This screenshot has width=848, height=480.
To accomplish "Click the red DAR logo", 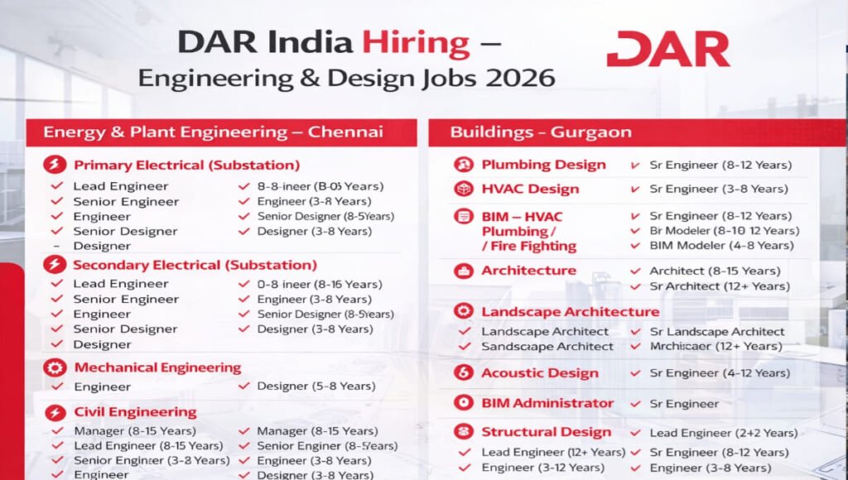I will pyautogui.click(x=667, y=49).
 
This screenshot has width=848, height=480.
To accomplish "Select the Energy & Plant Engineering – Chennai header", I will pyautogui.click(x=213, y=132).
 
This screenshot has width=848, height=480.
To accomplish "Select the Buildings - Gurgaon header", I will pyautogui.click(x=540, y=132).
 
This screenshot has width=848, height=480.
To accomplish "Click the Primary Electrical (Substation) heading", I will pyautogui.click(x=186, y=165).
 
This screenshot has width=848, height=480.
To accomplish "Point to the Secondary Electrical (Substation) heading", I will pyautogui.click(x=195, y=265).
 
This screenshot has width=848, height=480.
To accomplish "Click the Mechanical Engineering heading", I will pyautogui.click(x=157, y=367).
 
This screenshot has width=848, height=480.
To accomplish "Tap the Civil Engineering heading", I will pyautogui.click(x=135, y=411).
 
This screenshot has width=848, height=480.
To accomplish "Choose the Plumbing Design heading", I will pyautogui.click(x=543, y=165).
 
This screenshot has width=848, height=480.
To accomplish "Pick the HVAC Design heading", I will pyautogui.click(x=529, y=189).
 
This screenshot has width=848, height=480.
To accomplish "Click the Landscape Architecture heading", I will pyautogui.click(x=570, y=311).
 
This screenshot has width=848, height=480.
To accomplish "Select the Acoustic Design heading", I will pyautogui.click(x=539, y=372).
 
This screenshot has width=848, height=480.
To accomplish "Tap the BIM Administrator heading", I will pyautogui.click(x=547, y=403).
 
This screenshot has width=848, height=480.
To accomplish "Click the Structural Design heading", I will pyautogui.click(x=546, y=432).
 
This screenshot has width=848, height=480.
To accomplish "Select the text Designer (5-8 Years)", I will pyautogui.click(x=316, y=386).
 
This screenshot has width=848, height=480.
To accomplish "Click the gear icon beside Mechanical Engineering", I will pyautogui.click(x=55, y=368).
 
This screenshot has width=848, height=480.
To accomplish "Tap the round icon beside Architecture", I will pyautogui.click(x=463, y=271).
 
